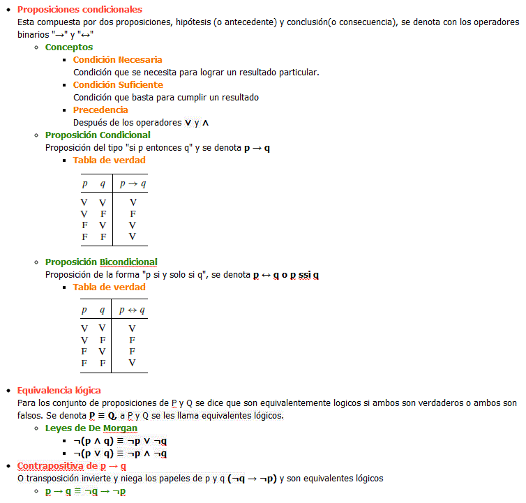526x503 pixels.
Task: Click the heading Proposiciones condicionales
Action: tap(80, 10)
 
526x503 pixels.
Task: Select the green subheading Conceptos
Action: tap(68, 47)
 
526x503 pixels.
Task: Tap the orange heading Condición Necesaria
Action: tap(117, 59)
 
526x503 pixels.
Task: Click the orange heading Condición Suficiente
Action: tap(118, 84)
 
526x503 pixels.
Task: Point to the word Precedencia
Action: tap(100, 110)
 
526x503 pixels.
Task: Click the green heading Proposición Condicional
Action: tap(98, 135)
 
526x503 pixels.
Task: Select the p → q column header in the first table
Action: tap(133, 184)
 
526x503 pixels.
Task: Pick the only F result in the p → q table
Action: tap(133, 213)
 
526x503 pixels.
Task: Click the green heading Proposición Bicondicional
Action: tap(101, 262)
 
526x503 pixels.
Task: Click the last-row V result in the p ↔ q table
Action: tap(133, 363)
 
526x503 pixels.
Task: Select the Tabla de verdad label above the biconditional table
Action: tap(109, 287)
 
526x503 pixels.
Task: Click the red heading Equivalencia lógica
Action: tap(59, 390)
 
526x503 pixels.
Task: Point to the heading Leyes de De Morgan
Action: tap(91, 428)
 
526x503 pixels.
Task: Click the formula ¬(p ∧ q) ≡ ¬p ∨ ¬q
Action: tap(120, 441)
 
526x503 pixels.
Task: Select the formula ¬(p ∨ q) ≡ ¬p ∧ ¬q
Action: tap(120, 453)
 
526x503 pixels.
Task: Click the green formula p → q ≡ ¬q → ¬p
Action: tap(85, 491)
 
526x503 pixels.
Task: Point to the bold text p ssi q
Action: tap(304, 275)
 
